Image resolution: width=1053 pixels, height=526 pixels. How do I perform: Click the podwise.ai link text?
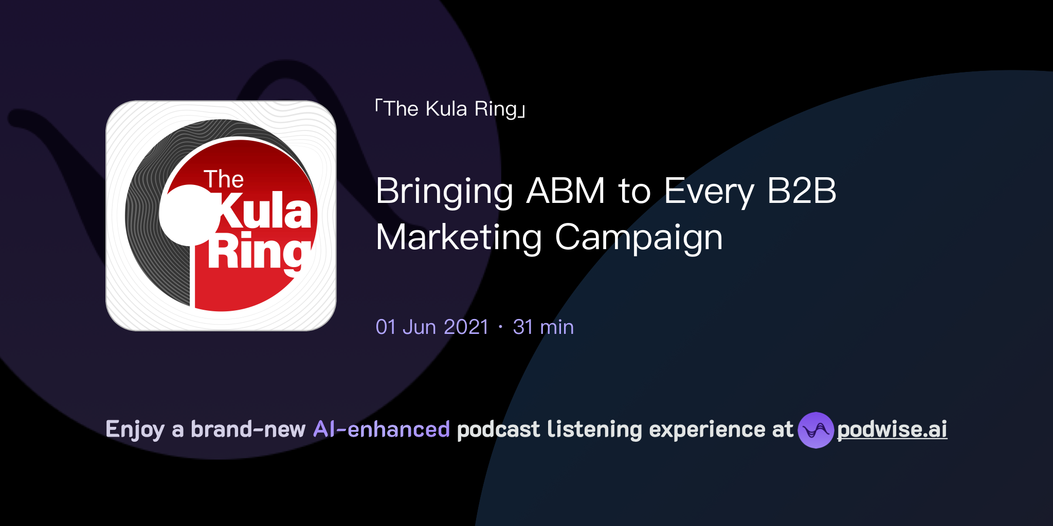[892, 429]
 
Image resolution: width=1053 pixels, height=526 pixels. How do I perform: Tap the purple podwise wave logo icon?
[815, 430]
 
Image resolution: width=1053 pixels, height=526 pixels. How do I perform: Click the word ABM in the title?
[566, 191]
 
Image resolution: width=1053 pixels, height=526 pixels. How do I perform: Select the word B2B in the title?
[802, 191]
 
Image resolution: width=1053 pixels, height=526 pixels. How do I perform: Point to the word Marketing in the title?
[459, 237]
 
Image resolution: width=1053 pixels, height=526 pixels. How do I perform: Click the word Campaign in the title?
[639, 237]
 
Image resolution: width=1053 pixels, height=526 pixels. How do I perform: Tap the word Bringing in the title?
[444, 191]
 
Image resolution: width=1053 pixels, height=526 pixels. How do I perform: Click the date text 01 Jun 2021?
[432, 327]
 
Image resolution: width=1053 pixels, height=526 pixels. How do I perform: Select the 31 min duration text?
[543, 327]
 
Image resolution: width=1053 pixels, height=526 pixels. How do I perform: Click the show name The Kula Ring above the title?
[450, 109]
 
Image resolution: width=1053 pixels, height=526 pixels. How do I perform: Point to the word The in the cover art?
[224, 179]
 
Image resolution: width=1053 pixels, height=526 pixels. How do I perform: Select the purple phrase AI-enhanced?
[382, 429]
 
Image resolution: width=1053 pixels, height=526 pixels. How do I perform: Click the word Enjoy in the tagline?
[135, 429]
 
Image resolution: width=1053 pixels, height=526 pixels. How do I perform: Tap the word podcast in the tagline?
[498, 429]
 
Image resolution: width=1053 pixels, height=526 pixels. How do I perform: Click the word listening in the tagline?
[594, 429]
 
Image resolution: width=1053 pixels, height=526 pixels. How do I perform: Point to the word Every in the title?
[709, 191]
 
